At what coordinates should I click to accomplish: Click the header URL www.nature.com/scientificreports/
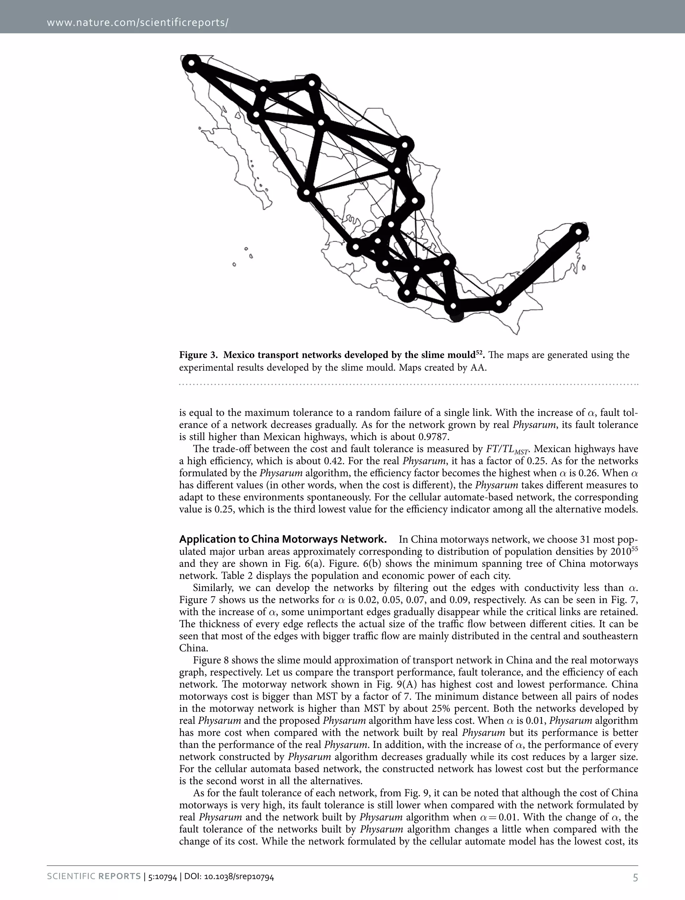pos(137,22)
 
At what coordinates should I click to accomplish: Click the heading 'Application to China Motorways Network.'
pos(283,539)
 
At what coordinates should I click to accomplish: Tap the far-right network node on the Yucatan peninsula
pos(579,232)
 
